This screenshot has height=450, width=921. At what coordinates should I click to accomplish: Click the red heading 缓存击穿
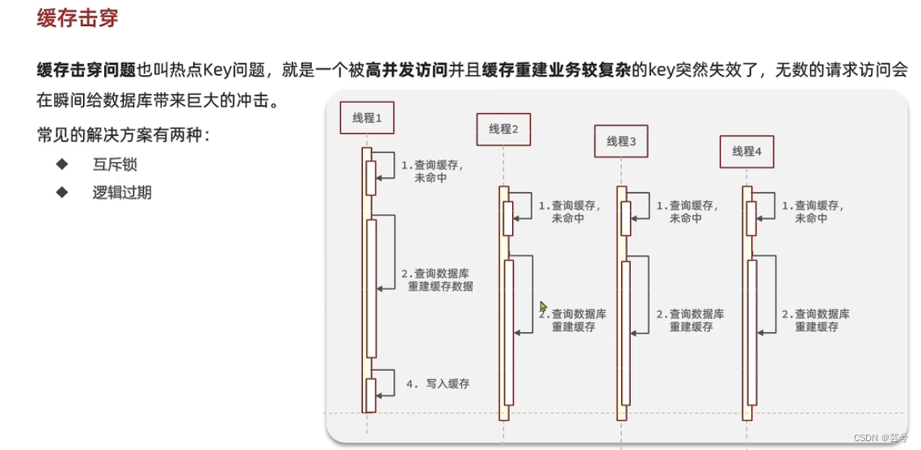[x=78, y=19]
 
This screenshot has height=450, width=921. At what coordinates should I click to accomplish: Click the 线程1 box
[x=372, y=119]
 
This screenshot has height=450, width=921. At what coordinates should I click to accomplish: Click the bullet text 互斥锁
[x=121, y=165]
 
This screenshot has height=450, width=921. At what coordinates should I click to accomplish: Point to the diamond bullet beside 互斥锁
[x=61, y=165]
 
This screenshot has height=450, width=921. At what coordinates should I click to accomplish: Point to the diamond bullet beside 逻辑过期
[x=61, y=192]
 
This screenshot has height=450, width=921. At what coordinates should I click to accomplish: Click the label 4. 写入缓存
[x=437, y=385]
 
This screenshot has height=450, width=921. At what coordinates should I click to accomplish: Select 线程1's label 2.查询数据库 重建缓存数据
[x=437, y=280]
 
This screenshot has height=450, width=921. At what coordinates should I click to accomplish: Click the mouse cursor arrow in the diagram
[x=544, y=306]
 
